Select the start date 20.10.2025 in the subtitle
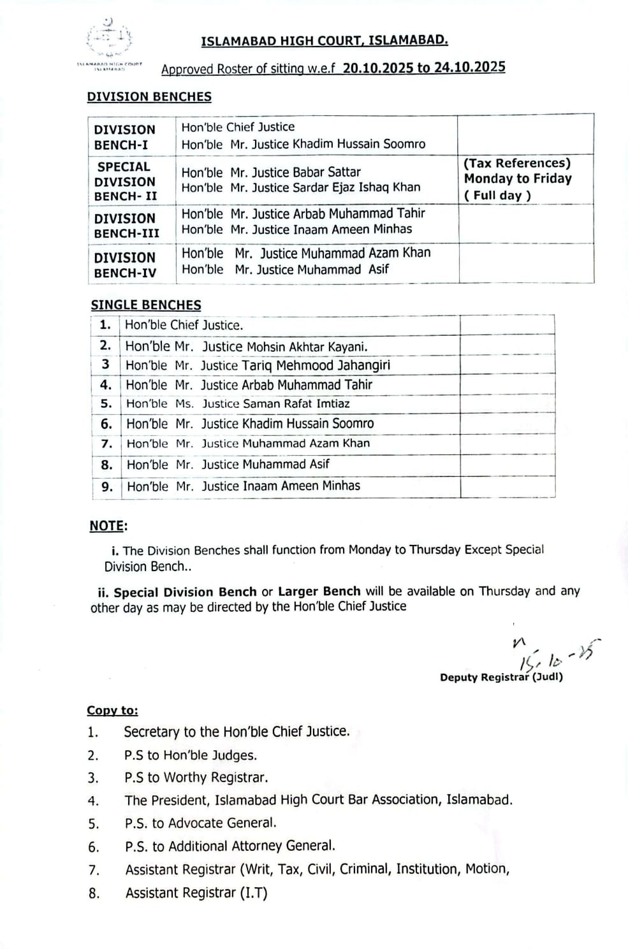378,68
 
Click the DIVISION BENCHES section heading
149,97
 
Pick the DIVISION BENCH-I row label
124,137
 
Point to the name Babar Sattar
326,172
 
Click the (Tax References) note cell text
517,163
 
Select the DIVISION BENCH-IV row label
125,265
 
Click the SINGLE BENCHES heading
146,305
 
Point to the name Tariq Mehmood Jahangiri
316,365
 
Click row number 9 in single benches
107,487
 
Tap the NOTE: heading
108,526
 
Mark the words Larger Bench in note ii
319,591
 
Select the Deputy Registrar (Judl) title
501,677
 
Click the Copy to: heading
112,711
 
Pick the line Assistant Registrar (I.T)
196,893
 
